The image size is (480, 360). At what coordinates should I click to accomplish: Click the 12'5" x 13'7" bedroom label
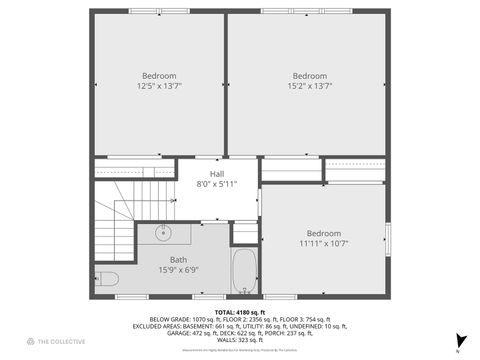pyautogui.click(x=159, y=86)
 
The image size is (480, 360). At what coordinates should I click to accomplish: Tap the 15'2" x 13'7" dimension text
pyautogui.click(x=310, y=86)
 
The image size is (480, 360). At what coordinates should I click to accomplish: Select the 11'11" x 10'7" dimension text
pyautogui.click(x=323, y=243)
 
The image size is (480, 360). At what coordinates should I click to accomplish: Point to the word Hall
pyautogui.click(x=217, y=173)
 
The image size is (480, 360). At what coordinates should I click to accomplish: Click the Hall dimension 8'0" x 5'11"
pyautogui.click(x=217, y=183)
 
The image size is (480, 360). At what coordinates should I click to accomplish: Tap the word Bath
pyautogui.click(x=177, y=260)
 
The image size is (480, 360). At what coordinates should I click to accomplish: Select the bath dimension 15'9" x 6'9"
pyautogui.click(x=177, y=270)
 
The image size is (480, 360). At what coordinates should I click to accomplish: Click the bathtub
pyautogui.click(x=245, y=270)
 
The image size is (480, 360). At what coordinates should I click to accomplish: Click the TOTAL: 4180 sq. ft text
pyautogui.click(x=240, y=312)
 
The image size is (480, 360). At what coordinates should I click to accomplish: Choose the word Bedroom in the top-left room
pyautogui.click(x=159, y=76)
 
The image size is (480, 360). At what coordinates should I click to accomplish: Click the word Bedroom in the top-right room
pyautogui.click(x=310, y=76)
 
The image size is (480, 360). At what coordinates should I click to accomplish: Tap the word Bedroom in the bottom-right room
pyautogui.click(x=323, y=233)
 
